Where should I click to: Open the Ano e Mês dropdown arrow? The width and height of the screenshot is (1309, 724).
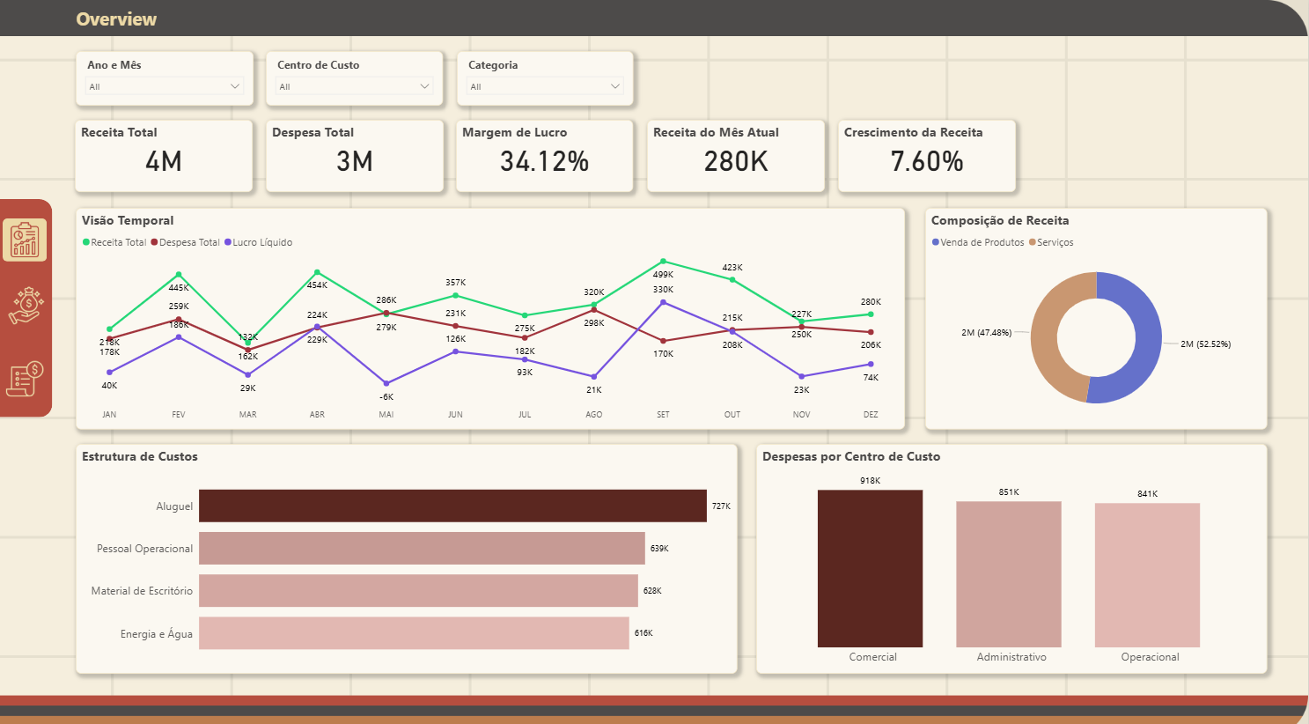coord(235,86)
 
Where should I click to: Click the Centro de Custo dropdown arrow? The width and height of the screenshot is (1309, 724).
coord(425,86)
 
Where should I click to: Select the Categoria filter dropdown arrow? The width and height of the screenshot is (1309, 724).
coord(615,86)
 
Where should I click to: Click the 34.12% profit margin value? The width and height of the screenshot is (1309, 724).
coord(544,161)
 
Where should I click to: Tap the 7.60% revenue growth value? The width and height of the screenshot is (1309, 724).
coord(926,161)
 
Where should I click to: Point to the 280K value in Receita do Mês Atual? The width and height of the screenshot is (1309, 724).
coord(736,161)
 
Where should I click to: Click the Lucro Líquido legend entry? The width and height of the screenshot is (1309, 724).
coord(259,242)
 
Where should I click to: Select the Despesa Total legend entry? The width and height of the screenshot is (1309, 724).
coord(186,242)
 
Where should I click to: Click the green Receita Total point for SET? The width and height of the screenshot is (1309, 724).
coord(663,262)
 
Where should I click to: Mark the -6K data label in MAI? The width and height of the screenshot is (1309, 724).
coord(386,397)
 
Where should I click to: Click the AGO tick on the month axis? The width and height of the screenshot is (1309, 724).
coord(594,414)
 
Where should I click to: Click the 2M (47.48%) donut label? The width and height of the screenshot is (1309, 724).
coord(986,333)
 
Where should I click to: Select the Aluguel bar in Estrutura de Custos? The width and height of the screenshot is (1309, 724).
coord(452,506)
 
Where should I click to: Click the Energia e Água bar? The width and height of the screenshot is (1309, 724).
coord(414,633)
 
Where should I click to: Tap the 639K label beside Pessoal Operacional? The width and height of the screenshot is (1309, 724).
coord(659,549)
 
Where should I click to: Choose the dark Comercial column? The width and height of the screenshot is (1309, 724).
coord(870,568)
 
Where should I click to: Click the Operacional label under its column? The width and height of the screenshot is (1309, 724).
coord(1150,657)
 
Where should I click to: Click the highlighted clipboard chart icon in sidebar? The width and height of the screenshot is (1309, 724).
coord(25,240)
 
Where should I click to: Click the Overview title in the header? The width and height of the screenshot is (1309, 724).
coord(116,19)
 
